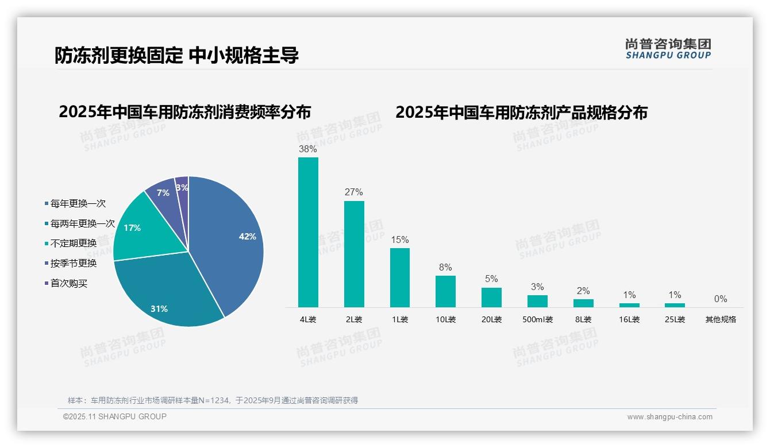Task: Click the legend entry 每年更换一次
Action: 78,203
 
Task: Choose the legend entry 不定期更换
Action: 73,244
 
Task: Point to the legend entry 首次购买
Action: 68,283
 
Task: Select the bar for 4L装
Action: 308,232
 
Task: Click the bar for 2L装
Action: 354,254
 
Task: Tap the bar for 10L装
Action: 445,291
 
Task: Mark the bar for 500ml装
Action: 537,301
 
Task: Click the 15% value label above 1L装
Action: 400,240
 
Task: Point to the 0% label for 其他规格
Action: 721,299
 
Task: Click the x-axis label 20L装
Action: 491,319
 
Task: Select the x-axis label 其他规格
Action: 721,319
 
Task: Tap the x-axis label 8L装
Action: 583,319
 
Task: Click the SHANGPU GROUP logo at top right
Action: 668,49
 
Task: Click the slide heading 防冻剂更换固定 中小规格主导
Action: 176,56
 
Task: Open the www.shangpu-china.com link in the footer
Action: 669,417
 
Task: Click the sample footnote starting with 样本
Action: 213,400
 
